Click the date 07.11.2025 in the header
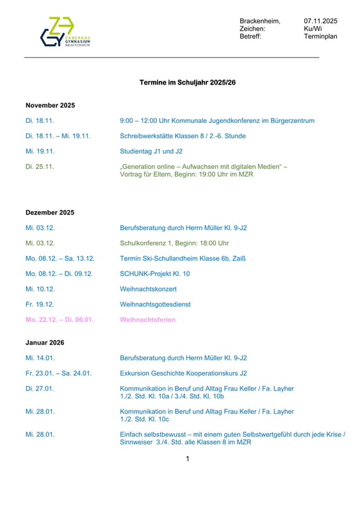coord(320,21)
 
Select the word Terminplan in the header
coord(320,36)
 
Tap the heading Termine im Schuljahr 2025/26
coord(183,83)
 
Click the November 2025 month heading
coord(50,105)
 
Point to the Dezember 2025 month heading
coord(50,213)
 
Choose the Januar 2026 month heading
coord(45,343)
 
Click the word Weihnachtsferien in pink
coord(147,319)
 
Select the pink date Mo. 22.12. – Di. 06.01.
coord(60,319)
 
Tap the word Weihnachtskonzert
coord(148,289)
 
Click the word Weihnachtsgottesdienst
coord(155,304)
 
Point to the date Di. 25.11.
coord(40,166)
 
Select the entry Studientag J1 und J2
coord(151,151)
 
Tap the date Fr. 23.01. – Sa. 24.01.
coord(58,373)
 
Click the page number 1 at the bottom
coord(187,458)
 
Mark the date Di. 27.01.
coord(40,389)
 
